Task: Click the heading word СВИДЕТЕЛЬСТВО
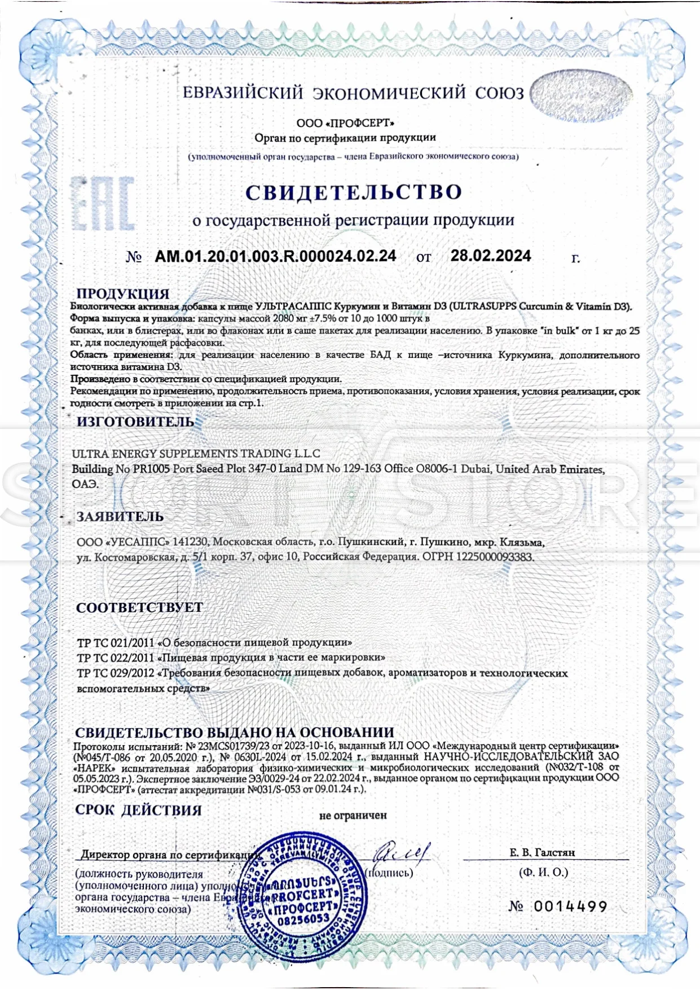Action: tap(354, 192)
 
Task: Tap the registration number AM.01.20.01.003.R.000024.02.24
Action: tap(275, 256)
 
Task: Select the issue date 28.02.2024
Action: tap(490, 256)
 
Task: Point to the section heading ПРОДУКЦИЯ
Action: tap(122, 294)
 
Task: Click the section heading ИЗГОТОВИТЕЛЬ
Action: tap(135, 422)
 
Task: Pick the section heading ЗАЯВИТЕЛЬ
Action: tap(120, 516)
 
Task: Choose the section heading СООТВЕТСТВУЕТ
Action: tap(139, 607)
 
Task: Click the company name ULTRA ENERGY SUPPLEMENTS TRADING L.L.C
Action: tap(196, 454)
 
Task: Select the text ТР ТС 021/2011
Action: tap(115, 642)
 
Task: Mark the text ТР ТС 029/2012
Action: tap(115, 673)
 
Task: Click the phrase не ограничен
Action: tap(353, 815)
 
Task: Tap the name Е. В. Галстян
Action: tap(542, 852)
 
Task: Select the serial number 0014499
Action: tap(570, 906)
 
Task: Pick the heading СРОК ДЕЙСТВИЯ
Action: tap(138, 810)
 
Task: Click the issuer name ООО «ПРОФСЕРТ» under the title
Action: tap(345, 123)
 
